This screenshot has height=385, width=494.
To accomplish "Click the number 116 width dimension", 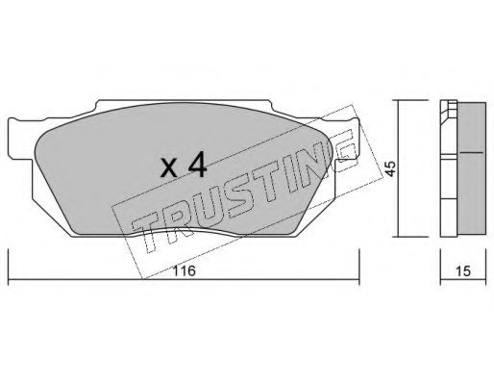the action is tap(185, 271).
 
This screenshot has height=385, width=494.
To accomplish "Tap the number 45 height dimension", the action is tap(390, 168).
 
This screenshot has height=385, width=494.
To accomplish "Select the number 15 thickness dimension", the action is tap(463, 271).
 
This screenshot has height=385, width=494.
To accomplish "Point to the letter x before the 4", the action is tap(169, 168).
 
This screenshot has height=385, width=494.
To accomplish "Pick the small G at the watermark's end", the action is tap(345, 151).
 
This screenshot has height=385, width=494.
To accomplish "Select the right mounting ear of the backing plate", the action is tap(347, 139).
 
